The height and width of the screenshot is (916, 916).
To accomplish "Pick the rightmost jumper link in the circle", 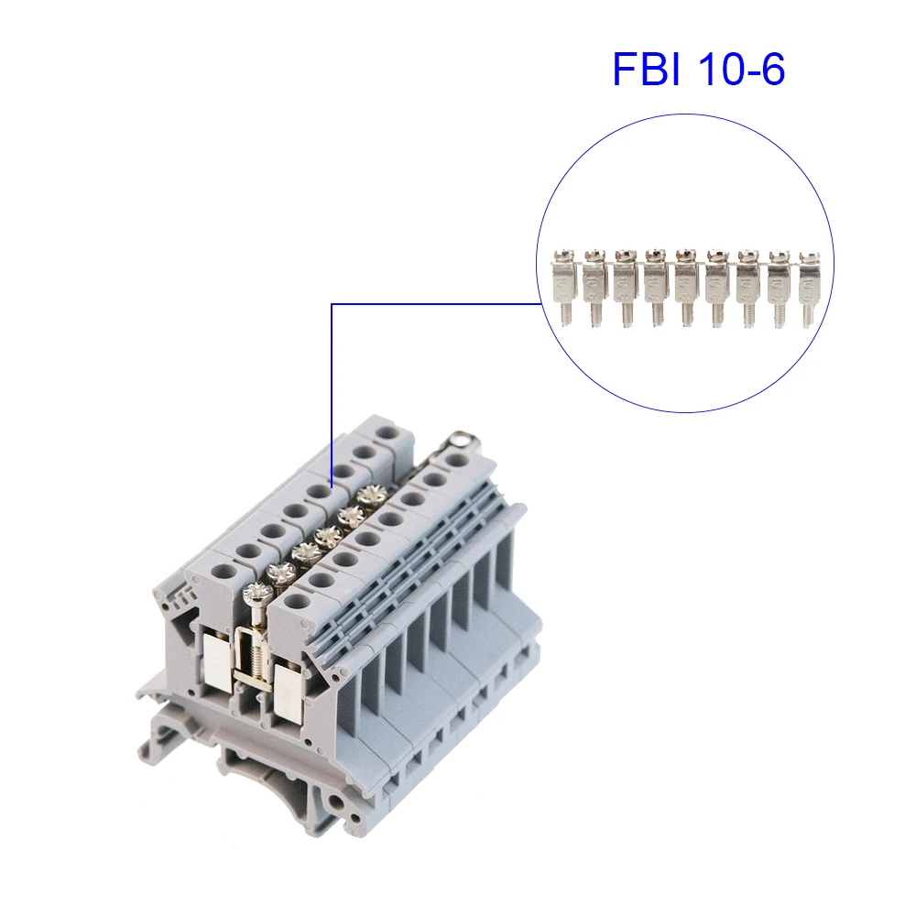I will pos(809,286).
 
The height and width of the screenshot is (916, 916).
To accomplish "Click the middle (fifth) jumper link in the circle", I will pos(687,286).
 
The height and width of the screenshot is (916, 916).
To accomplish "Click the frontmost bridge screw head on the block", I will pos(256,592).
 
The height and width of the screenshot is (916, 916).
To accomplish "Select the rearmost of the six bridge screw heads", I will pos(370,496).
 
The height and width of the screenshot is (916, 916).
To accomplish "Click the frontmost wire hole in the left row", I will pos(224,571).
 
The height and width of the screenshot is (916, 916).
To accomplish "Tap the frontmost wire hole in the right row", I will pos(297,602).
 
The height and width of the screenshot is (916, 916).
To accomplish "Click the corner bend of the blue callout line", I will pos(331,304).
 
